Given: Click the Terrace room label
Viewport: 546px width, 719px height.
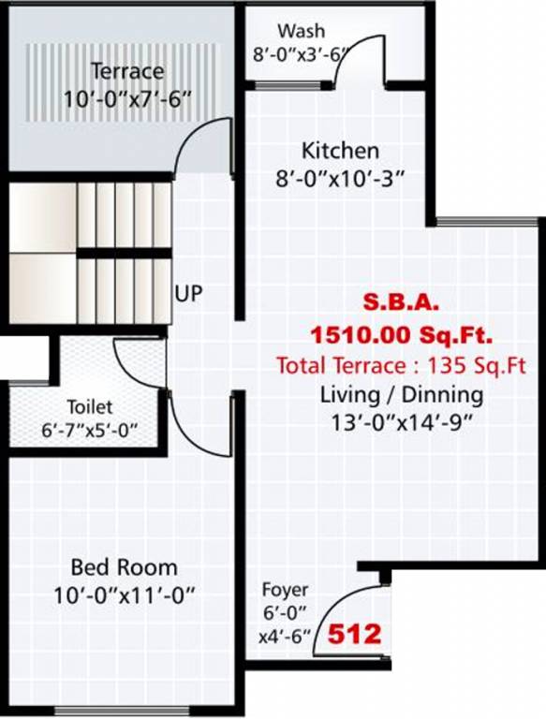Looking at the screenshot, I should (126, 71).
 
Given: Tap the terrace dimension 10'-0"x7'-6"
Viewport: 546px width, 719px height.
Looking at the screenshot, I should (126, 98).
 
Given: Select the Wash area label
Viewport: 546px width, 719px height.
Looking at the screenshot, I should (302, 33).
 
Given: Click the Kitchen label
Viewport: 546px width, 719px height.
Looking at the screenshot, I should (339, 151).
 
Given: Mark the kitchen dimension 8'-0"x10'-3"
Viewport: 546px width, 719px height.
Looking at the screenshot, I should (339, 178).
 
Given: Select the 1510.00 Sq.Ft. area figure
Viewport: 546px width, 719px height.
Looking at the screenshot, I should (402, 333).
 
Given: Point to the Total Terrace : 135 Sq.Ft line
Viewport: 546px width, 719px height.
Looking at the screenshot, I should (402, 364).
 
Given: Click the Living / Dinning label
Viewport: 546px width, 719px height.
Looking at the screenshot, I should (402, 393).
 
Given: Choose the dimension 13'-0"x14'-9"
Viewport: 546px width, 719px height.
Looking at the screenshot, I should (402, 422).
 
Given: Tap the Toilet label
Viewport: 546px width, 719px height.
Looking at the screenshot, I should (90, 407).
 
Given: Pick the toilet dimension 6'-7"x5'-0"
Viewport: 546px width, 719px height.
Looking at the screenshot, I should (90, 432).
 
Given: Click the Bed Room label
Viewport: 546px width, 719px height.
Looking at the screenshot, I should (124, 567).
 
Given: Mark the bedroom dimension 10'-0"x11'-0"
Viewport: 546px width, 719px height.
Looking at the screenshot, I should (124, 595).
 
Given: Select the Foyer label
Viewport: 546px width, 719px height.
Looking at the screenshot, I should (284, 591).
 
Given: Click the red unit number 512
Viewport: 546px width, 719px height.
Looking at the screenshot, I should (354, 636).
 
